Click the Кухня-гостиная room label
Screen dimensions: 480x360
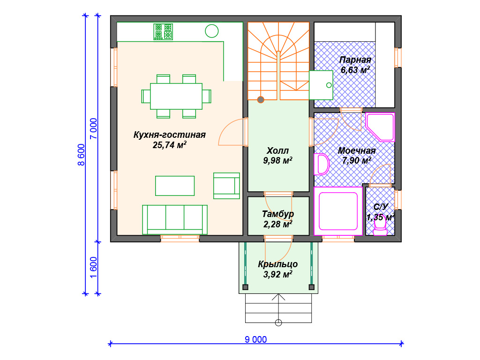tap(169, 135)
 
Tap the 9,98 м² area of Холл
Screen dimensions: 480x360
tap(277, 160)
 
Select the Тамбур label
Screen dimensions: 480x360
tap(277, 214)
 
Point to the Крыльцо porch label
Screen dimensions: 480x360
tap(277, 264)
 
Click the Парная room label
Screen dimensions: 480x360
tap(355, 60)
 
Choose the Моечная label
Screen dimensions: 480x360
tap(357, 150)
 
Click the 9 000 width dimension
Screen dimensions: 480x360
tap(255, 339)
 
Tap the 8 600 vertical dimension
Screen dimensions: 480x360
tap(81, 155)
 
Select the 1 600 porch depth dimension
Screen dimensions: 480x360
tap(94, 267)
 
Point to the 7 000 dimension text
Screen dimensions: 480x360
tap(94, 128)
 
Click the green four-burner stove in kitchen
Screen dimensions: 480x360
tap(163, 32)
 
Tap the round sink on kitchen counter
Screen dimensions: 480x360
tap(211, 31)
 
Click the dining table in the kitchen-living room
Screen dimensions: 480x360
tap(176, 97)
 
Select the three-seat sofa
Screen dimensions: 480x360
tap(175, 220)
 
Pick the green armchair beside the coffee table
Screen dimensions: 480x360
tap(226, 186)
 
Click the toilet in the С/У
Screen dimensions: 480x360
tap(380, 225)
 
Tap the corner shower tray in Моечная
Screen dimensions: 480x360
tap(380, 127)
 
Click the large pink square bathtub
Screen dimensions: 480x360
tap(338, 211)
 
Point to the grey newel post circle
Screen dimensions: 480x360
tap(261, 99)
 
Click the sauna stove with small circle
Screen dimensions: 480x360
tap(321, 85)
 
